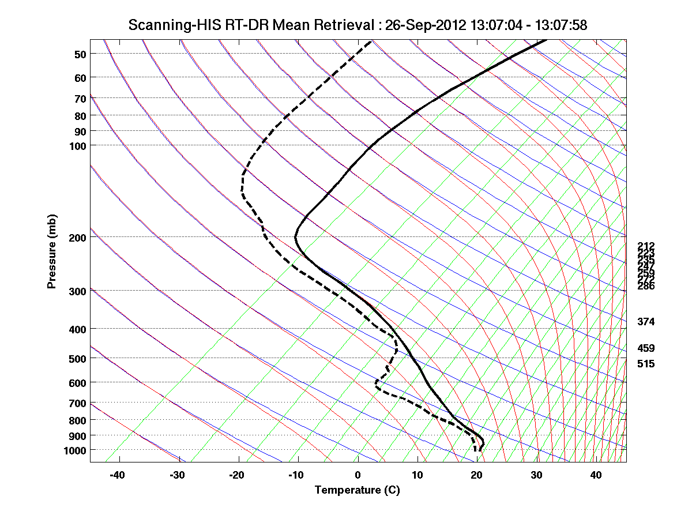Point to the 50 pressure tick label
(80, 54)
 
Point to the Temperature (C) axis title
(357, 490)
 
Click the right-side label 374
(646, 322)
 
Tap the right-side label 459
(646, 348)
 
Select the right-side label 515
(646, 364)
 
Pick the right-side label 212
(646, 246)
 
